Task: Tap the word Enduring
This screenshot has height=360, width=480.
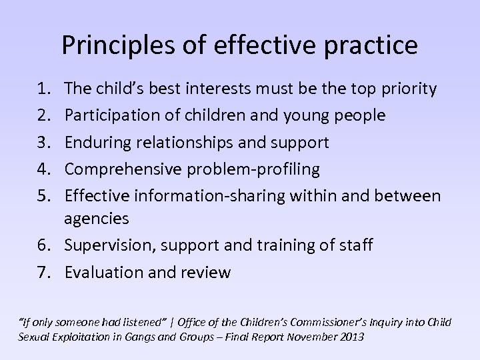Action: click(97, 142)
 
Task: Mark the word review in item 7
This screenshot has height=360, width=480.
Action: click(203, 271)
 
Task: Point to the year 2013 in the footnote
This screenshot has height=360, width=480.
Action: click(351, 337)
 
